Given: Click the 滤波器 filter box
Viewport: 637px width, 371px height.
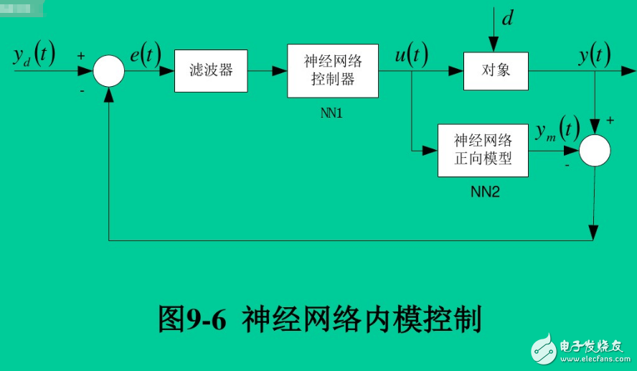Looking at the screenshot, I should (x=211, y=71).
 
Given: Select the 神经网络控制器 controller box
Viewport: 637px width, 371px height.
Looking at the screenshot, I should (x=333, y=71).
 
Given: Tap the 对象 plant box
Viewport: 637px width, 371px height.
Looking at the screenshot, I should (x=496, y=71).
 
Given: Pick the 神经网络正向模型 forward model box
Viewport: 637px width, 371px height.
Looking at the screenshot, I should (x=483, y=150).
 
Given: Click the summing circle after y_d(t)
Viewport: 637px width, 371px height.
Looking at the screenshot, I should (x=109, y=71).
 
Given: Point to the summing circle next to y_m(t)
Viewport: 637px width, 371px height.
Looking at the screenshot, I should (x=595, y=151).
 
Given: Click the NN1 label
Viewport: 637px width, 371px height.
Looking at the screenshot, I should (x=332, y=113).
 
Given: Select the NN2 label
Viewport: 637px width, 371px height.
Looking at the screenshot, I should (x=484, y=192).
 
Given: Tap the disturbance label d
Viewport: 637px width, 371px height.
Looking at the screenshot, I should (x=506, y=18).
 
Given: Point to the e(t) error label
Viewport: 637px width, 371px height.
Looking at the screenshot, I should (x=145, y=55).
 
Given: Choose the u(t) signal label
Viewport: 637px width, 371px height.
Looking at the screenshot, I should (x=411, y=55).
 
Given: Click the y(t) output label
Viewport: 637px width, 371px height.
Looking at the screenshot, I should (x=594, y=55).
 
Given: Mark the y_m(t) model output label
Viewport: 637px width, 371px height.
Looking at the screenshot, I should (x=557, y=129).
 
